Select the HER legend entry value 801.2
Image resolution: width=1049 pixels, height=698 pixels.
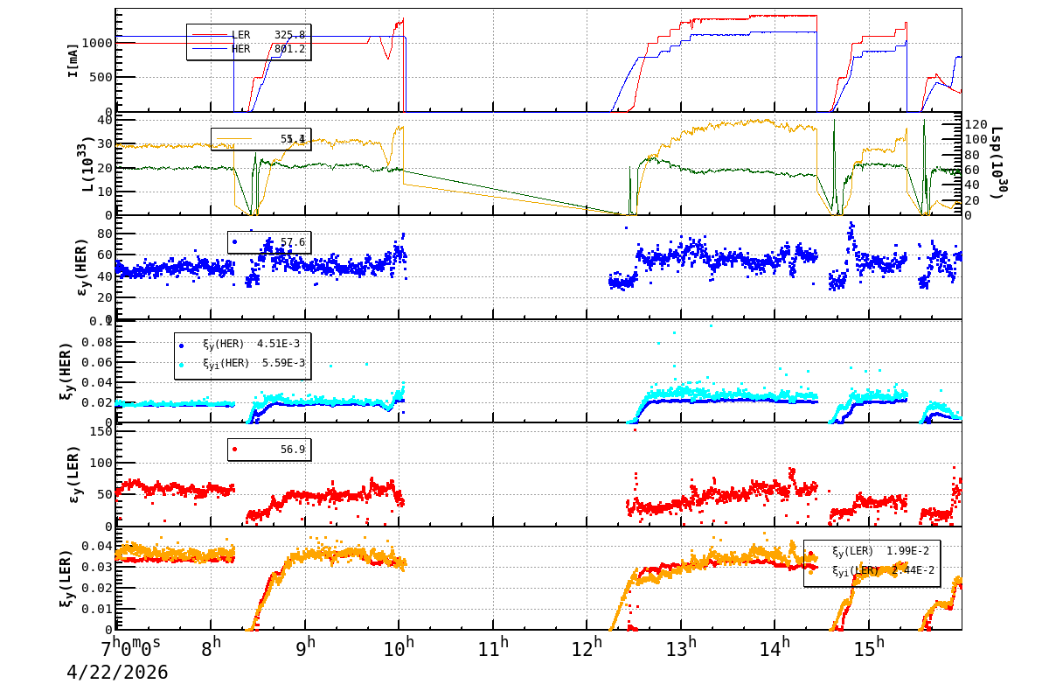coord(289,49)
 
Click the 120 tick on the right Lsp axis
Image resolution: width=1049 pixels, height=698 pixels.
coord(976,124)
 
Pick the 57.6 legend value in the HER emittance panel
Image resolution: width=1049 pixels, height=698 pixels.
coord(292,242)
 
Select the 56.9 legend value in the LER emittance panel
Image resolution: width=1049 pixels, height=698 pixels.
coord(292,450)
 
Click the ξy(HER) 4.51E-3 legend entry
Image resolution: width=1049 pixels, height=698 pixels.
coord(252,343)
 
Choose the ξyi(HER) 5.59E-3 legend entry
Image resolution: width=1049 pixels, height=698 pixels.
coord(252,363)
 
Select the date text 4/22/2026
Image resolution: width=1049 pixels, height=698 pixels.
coord(117,673)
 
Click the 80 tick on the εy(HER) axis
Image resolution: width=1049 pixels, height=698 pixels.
coord(103,234)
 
